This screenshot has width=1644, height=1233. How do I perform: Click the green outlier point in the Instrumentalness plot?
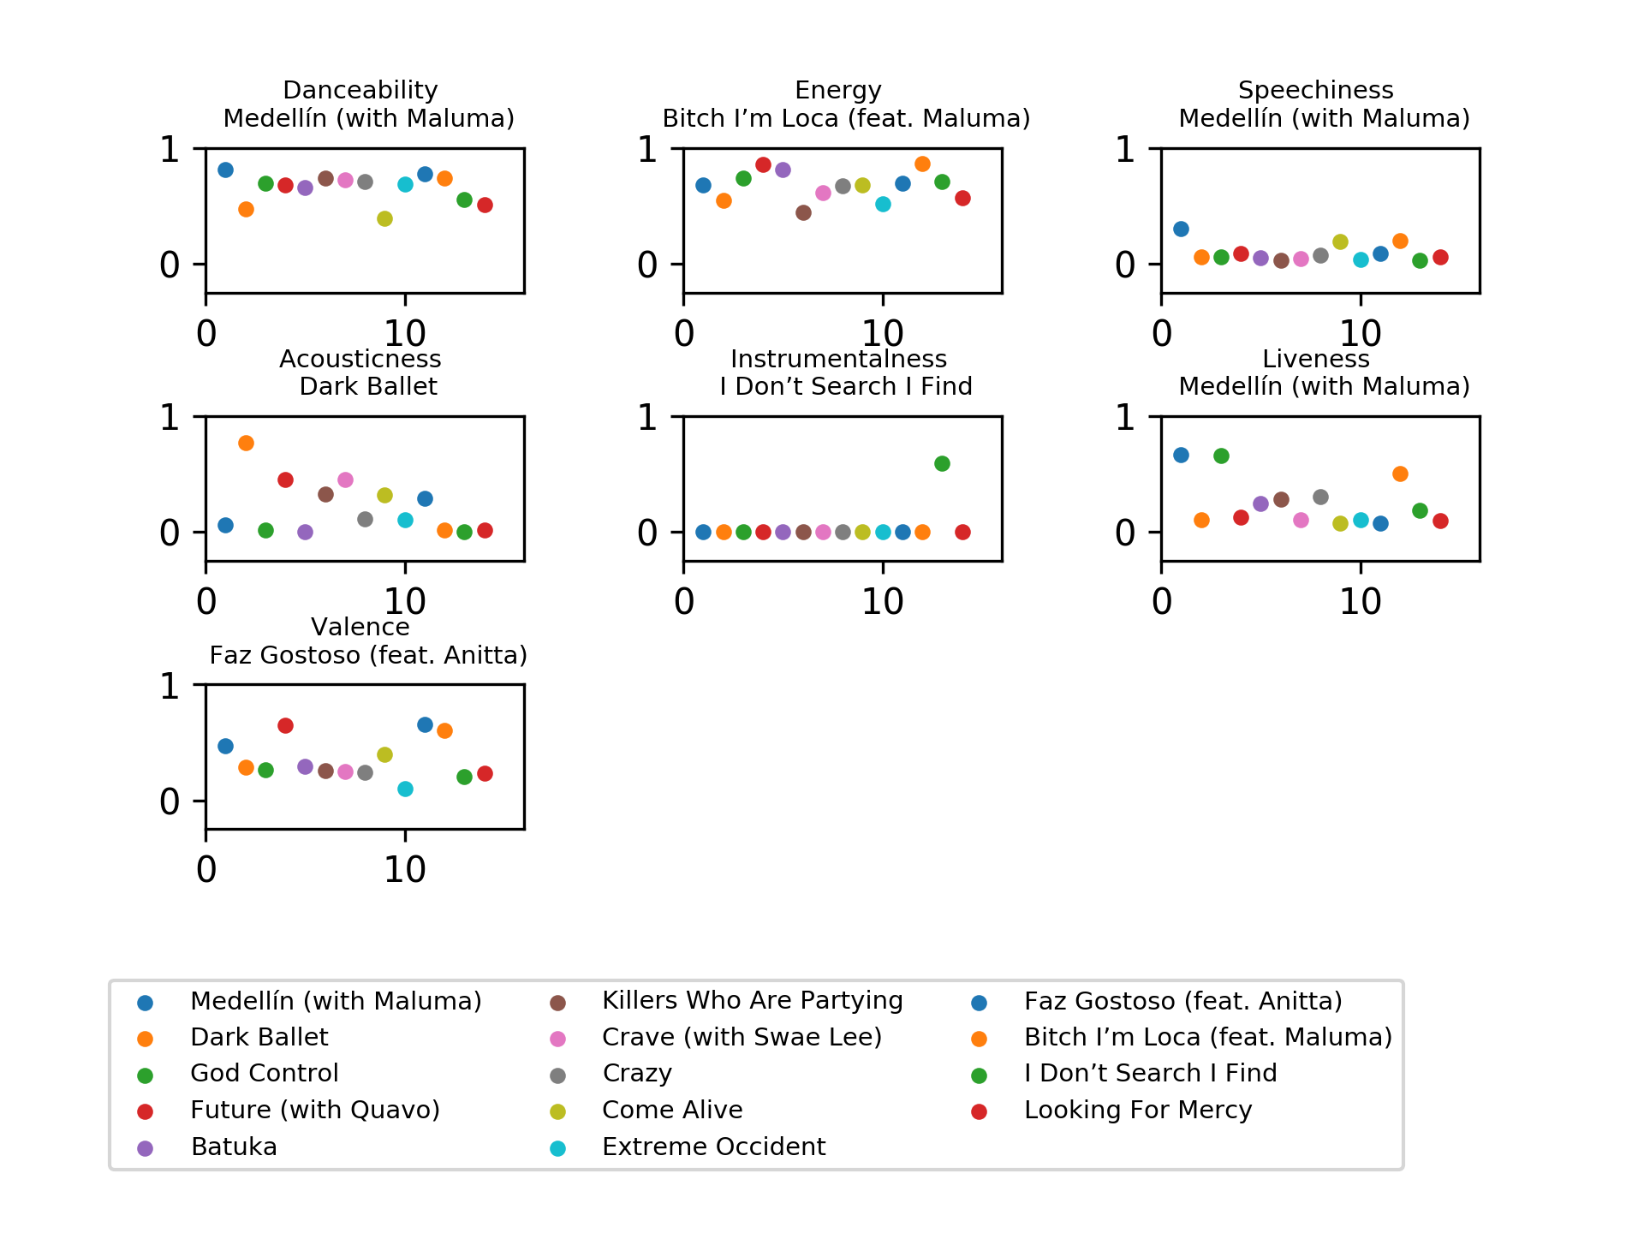coord(942,464)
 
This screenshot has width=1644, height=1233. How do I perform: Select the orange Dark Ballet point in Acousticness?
coord(246,443)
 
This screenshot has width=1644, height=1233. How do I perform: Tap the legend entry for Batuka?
coord(234,1147)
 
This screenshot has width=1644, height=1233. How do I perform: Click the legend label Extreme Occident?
coord(713,1147)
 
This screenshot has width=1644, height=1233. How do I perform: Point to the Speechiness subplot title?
coord(1315,90)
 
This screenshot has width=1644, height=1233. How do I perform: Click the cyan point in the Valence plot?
coord(405,789)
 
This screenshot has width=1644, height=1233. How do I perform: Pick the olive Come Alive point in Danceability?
coord(384,218)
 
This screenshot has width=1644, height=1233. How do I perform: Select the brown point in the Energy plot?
coord(803,212)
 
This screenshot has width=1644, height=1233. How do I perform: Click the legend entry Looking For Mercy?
coord(1137,1110)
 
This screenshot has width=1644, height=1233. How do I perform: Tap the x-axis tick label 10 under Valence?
coord(404,870)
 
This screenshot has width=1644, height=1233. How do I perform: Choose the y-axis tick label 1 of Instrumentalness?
coord(647,418)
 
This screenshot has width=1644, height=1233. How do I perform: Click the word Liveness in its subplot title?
coord(1315,359)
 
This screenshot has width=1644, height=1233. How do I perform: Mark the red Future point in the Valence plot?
coord(285,725)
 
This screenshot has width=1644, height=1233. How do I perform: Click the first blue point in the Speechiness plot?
coord(1181,229)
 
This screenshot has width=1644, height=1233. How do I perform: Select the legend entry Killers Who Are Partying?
coord(752,1000)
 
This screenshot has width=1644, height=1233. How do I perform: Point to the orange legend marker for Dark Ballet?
coord(146,1039)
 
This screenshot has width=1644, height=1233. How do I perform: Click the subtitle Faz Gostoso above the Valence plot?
coord(368,655)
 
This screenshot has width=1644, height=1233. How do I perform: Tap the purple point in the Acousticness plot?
coord(305,532)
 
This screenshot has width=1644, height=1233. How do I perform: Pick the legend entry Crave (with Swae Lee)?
coord(742,1037)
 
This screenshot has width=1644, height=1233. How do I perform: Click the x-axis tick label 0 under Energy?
coord(683,334)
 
